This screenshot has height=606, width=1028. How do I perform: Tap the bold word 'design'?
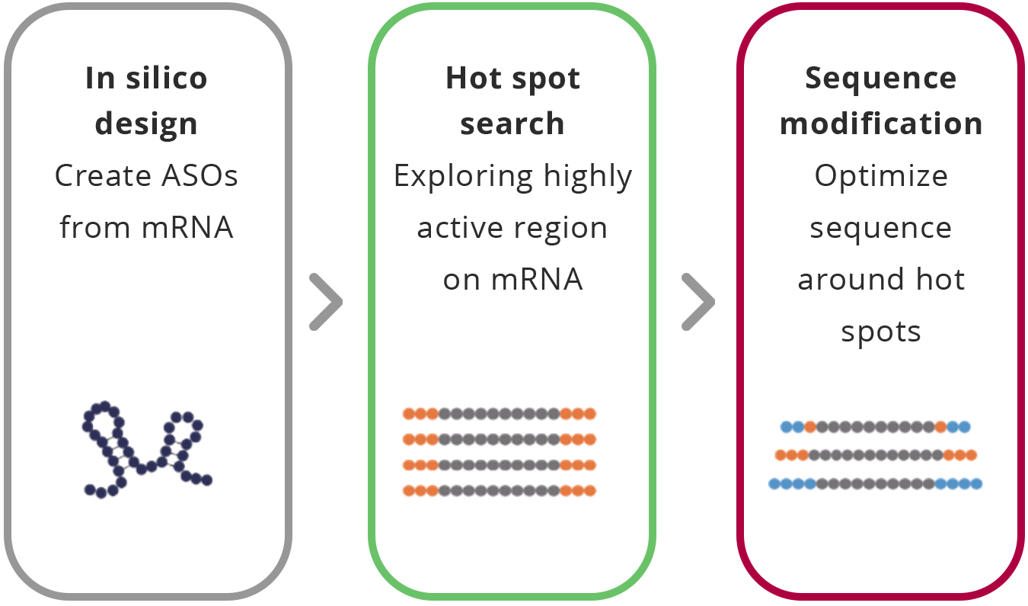point(146,124)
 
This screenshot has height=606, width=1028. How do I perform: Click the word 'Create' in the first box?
point(102,176)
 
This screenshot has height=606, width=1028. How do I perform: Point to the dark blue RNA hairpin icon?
point(145,450)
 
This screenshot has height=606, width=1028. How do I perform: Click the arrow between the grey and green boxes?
point(325,303)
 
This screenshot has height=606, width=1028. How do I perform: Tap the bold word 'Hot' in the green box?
point(470,79)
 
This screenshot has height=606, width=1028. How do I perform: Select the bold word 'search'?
point(512,124)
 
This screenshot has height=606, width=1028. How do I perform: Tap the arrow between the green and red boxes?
point(697,303)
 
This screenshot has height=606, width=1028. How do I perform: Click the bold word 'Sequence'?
point(880,79)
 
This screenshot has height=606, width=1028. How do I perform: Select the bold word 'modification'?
point(881,124)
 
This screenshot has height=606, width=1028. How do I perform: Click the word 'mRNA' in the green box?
point(536,280)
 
